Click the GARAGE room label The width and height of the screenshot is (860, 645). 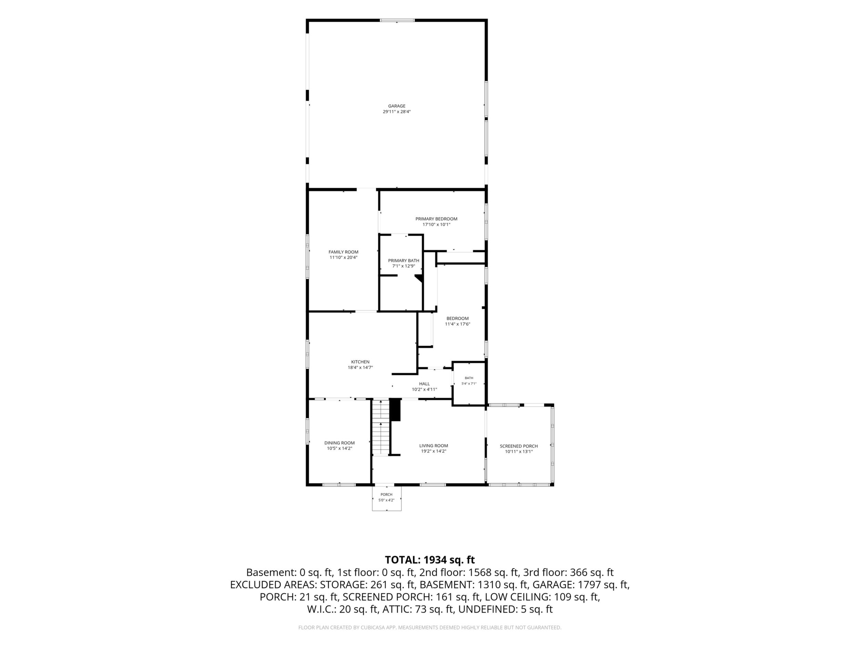397,106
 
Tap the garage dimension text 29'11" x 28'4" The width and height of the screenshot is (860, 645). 397,112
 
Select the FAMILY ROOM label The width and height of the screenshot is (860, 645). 343,252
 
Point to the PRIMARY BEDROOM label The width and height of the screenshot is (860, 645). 436,219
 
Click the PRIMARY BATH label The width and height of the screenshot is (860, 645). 403,260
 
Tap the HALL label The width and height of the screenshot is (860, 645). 424,384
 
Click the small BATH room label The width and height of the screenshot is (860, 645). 469,378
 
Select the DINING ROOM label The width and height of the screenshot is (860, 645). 339,443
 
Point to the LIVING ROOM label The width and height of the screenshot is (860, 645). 433,446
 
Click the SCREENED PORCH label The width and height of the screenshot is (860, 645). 519,446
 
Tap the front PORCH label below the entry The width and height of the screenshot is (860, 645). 387,494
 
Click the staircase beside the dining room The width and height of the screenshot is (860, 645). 381,427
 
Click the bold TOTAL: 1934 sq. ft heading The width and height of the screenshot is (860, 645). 430,560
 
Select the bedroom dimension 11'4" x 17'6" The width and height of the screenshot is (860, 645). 458,324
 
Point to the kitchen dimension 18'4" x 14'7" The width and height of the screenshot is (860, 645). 360,367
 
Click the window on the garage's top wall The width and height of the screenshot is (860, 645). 397,20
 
